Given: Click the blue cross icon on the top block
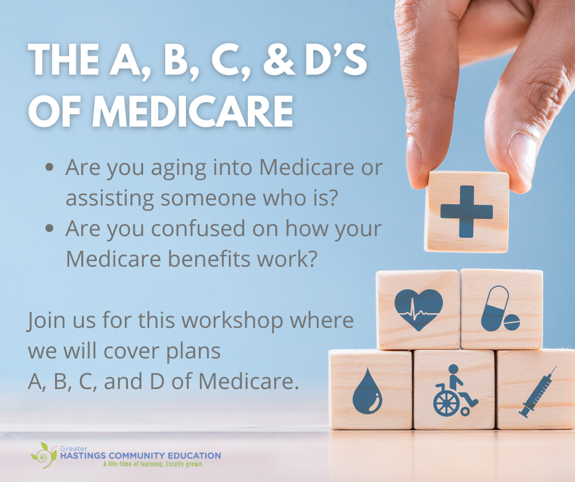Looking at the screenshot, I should pyautogui.click(x=466, y=212).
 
